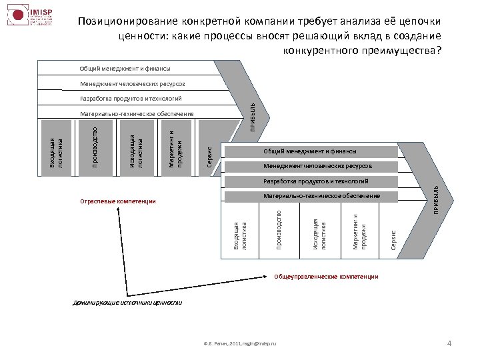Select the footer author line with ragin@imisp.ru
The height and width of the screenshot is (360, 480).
(241, 343)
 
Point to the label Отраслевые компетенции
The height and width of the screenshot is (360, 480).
(117, 201)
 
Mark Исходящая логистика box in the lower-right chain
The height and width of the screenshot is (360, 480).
(320, 232)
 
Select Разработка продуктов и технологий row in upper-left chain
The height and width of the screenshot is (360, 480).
(131, 99)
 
